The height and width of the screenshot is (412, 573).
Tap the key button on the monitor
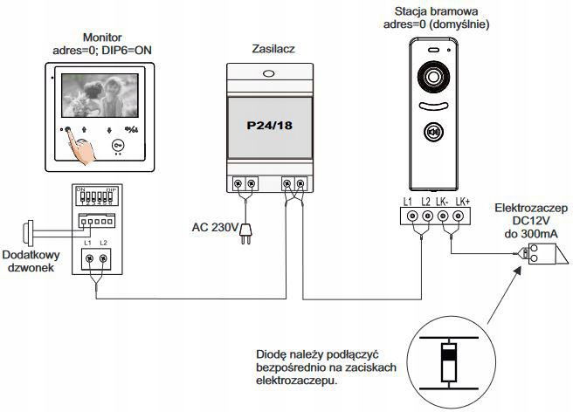point(118,146)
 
